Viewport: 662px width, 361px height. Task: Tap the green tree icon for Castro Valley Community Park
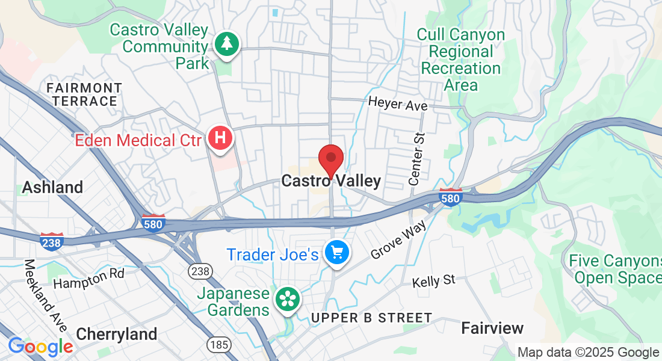227,45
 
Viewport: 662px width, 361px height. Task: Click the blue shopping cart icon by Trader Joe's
336,253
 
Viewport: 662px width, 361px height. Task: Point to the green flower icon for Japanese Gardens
287,299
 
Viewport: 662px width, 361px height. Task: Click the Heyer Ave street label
398,104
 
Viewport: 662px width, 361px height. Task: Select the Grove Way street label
398,239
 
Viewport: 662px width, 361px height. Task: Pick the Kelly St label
433,281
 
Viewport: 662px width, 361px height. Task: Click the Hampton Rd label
88,278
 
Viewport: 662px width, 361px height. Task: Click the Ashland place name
52,187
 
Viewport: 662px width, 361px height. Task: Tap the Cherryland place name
117,334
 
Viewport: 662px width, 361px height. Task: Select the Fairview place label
492,328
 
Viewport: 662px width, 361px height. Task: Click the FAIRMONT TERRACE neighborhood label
84,94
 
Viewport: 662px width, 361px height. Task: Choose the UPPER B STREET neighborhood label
372,318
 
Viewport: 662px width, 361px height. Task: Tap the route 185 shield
217,345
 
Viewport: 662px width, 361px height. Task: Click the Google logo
40,347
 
